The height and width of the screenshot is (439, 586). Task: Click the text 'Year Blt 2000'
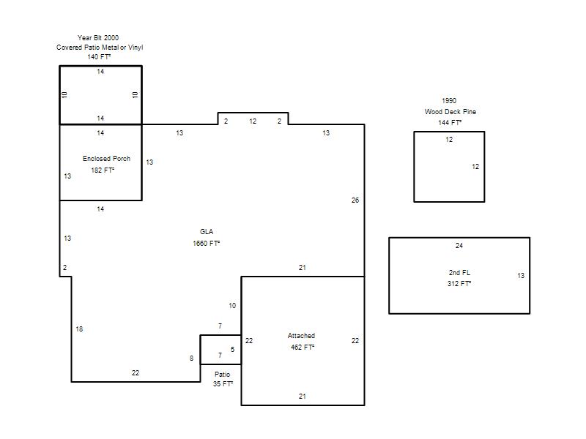click(x=98, y=38)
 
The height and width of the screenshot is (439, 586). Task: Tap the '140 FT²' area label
click(x=99, y=57)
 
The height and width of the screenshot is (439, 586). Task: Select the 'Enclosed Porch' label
click(x=106, y=159)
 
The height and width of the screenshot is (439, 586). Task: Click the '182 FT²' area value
click(x=103, y=170)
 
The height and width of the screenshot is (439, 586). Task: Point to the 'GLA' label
click(x=207, y=232)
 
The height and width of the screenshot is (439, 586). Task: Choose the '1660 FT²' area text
click(x=207, y=244)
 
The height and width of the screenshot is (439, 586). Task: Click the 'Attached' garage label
click(x=301, y=336)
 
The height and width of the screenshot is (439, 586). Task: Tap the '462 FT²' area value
click(x=303, y=347)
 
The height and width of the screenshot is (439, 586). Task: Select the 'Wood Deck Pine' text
click(x=450, y=112)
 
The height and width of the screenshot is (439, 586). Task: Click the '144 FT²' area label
click(x=450, y=122)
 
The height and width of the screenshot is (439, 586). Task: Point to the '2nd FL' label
click(x=460, y=272)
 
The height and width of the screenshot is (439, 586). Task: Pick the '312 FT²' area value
click(x=459, y=284)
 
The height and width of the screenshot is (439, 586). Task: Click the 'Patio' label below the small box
click(x=223, y=374)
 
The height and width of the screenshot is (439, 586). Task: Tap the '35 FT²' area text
click(x=223, y=383)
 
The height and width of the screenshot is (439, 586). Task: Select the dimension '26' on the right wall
click(x=355, y=200)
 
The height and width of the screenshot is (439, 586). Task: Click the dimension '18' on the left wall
click(x=79, y=329)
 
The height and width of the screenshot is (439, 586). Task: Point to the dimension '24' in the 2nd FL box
click(x=459, y=246)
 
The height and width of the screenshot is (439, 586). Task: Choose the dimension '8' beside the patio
click(x=191, y=359)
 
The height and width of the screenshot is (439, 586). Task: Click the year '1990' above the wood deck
click(x=449, y=101)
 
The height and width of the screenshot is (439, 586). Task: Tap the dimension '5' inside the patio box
click(x=232, y=350)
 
